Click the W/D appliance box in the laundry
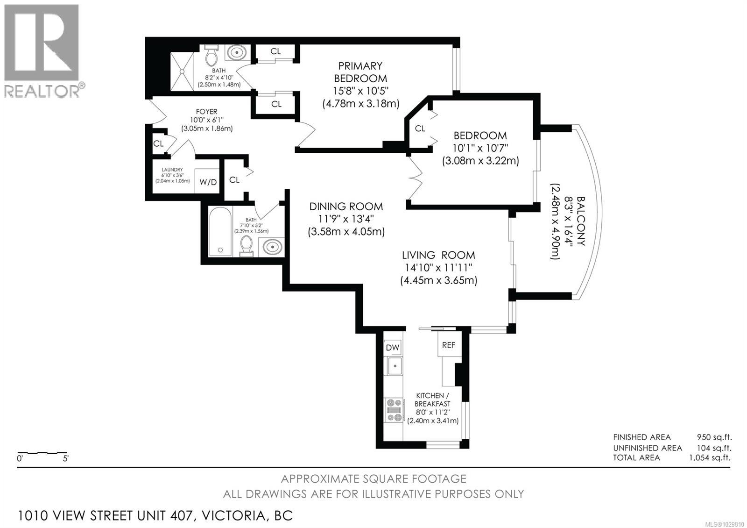(x=208, y=182)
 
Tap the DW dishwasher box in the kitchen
(x=393, y=347)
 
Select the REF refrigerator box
(x=448, y=345)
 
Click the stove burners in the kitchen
(x=394, y=410)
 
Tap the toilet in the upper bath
(x=211, y=56)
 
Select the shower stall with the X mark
(x=182, y=71)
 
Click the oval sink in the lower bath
(x=272, y=246)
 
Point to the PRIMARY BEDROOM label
(x=360, y=72)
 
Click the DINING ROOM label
(x=346, y=207)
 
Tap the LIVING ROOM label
(x=438, y=255)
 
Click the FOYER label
(x=206, y=112)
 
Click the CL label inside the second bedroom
(x=420, y=128)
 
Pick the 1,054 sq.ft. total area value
(x=709, y=457)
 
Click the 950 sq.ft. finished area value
(x=714, y=437)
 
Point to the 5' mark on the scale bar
(x=65, y=458)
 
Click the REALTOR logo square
(x=42, y=43)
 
